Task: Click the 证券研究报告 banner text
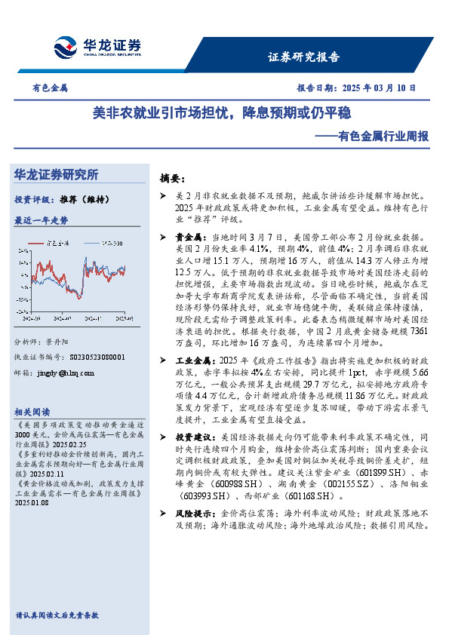303,57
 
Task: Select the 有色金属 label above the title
49,87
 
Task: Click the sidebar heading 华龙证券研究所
57,174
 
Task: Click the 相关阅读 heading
32,411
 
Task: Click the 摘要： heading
172,179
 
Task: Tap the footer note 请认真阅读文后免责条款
57,615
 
